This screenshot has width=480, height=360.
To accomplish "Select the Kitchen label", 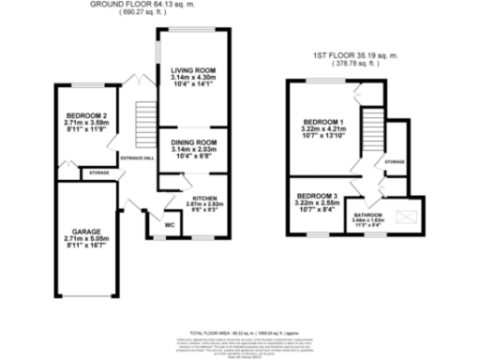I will [x=205, y=200].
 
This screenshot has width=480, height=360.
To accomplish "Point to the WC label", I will [x=170, y=226].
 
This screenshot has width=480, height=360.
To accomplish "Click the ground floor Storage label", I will [x=98, y=173].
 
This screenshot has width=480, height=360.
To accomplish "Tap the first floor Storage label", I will [x=395, y=163].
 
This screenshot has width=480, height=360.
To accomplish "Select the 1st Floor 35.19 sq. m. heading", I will [x=355, y=56].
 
